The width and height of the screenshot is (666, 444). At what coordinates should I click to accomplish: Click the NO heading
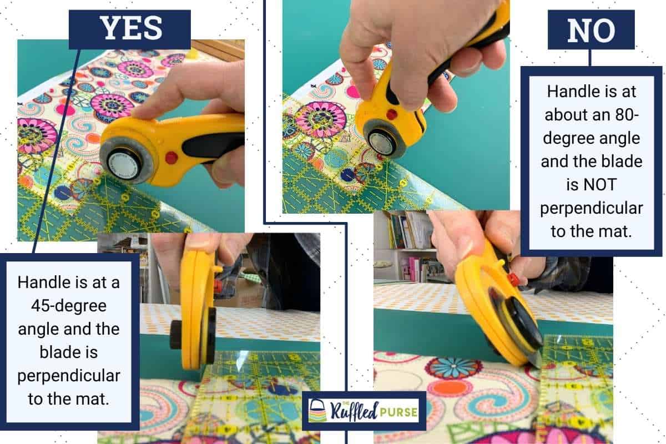click(x=591, y=32)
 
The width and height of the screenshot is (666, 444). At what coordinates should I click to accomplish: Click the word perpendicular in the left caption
click(x=69, y=376)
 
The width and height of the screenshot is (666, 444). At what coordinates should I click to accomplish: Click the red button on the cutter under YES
click(x=171, y=158)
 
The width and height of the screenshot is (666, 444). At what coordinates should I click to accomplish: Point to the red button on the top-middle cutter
click(x=392, y=115)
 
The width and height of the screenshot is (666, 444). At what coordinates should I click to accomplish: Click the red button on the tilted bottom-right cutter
click(x=512, y=279)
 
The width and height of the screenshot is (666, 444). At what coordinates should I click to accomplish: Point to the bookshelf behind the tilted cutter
click(x=405, y=244)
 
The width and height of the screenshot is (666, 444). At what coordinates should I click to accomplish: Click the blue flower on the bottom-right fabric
click(x=453, y=368)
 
